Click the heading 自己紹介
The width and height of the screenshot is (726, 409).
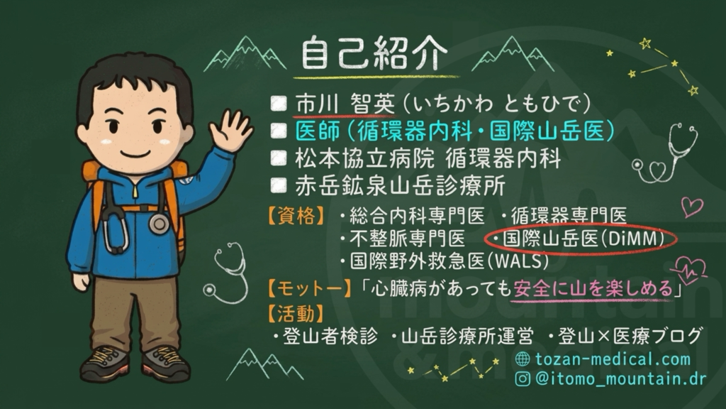coord(374,53)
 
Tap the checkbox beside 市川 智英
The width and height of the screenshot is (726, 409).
coord(278,104)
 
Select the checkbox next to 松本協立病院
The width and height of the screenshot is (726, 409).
coord(278,158)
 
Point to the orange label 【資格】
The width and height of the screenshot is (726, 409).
coord(296,216)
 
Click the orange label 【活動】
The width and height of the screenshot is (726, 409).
coord(296,313)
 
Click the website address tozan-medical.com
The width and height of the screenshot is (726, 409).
coord(613,359)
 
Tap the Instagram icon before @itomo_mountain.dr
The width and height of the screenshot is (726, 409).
coord(523,379)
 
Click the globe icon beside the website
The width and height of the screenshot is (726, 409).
coord(523,359)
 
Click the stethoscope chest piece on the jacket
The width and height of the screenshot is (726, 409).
coord(159,224)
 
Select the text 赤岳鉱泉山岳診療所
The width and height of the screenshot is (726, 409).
coord(400,186)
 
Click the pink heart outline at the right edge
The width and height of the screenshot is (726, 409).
coord(692,207)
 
